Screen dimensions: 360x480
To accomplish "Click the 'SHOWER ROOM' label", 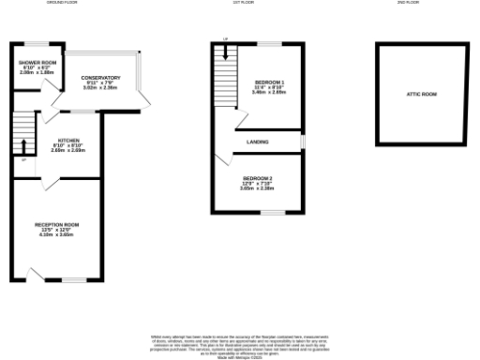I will coord(35,63).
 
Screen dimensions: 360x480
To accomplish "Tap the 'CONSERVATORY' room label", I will coord(101,77).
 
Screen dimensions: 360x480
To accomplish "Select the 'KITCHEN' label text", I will coord(67,139).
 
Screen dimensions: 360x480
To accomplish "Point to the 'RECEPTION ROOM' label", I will coord(56,225).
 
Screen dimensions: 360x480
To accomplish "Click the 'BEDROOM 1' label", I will coord(269,82).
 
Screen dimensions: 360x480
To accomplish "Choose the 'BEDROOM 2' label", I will coord(257,178).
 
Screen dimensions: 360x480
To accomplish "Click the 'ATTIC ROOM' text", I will coord(421,95).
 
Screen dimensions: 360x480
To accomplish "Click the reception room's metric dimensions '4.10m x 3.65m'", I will coord(56,235).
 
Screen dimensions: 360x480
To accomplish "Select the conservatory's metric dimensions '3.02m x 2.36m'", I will coord(101,87).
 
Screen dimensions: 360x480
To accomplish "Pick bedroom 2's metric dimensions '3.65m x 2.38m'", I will coord(257,188).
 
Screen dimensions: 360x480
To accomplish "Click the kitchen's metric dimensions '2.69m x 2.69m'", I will coord(67,149).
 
